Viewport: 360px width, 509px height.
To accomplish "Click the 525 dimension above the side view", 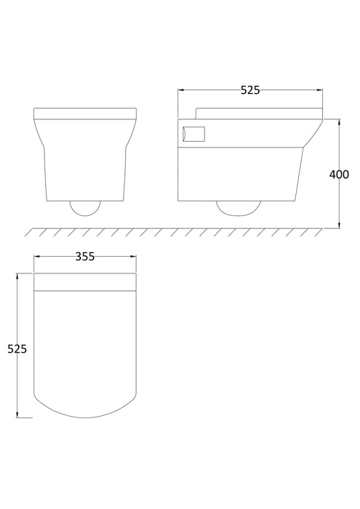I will (251, 90).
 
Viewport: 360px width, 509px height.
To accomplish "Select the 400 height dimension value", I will (339, 175).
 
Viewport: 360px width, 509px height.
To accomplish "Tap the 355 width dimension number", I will (84, 257).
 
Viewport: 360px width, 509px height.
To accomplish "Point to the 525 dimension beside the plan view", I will (16, 349).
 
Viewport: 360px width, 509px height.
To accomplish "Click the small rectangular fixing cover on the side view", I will (194, 133).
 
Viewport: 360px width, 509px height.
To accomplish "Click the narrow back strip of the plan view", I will (84, 281).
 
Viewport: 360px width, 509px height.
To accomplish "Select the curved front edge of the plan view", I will (84, 413).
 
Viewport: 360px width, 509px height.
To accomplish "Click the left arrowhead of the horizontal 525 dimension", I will (181, 91).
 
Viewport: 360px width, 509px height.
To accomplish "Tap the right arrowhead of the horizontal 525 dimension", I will (321, 91).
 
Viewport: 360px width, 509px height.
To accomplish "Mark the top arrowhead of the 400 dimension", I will (339, 121).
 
